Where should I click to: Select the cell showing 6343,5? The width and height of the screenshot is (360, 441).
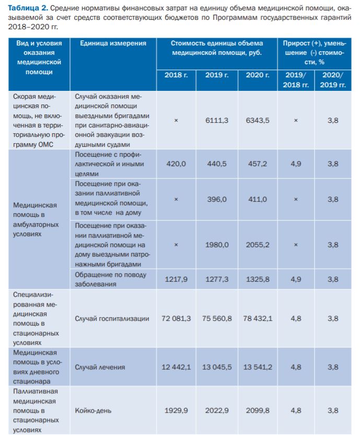(258, 120)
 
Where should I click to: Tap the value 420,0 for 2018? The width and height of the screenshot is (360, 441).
(176, 164)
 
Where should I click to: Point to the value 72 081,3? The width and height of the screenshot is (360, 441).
(176, 318)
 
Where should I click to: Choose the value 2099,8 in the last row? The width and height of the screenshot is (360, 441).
(258, 410)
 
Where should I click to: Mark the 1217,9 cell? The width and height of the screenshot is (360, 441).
(176, 279)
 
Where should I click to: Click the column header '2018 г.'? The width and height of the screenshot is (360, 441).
(176, 75)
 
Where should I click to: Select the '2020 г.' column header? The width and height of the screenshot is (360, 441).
(258, 75)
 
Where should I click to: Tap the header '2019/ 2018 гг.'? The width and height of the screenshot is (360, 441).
(296, 79)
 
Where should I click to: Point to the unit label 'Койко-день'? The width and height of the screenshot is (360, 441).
(92, 410)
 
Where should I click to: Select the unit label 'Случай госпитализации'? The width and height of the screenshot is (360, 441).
(112, 318)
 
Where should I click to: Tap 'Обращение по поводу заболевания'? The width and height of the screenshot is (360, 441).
(110, 279)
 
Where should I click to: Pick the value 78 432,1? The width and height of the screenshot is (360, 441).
(258, 318)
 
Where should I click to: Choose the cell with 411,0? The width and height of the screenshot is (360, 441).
(258, 200)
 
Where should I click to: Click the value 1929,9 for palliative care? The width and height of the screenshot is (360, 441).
(176, 410)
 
